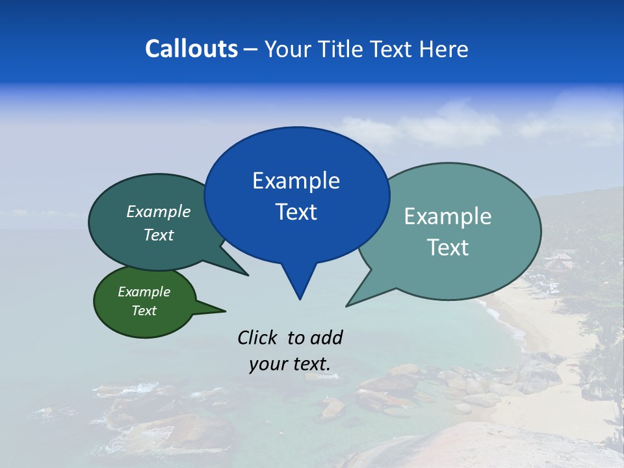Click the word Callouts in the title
tap(191, 49)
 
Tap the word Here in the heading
tap(443, 49)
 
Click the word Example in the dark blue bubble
tap(296, 181)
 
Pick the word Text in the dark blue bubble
tap(296, 212)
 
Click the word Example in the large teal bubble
tap(448, 216)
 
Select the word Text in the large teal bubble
tap(448, 248)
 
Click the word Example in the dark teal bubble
tap(159, 212)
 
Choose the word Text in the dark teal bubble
tap(159, 235)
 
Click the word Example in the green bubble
tap(144, 292)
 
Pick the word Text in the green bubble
tap(144, 311)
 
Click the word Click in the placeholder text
tap(259, 337)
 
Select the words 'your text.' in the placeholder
tap(290, 364)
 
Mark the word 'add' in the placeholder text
tap(326, 337)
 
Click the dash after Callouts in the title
tap(252, 49)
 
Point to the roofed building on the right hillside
tap(559, 261)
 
